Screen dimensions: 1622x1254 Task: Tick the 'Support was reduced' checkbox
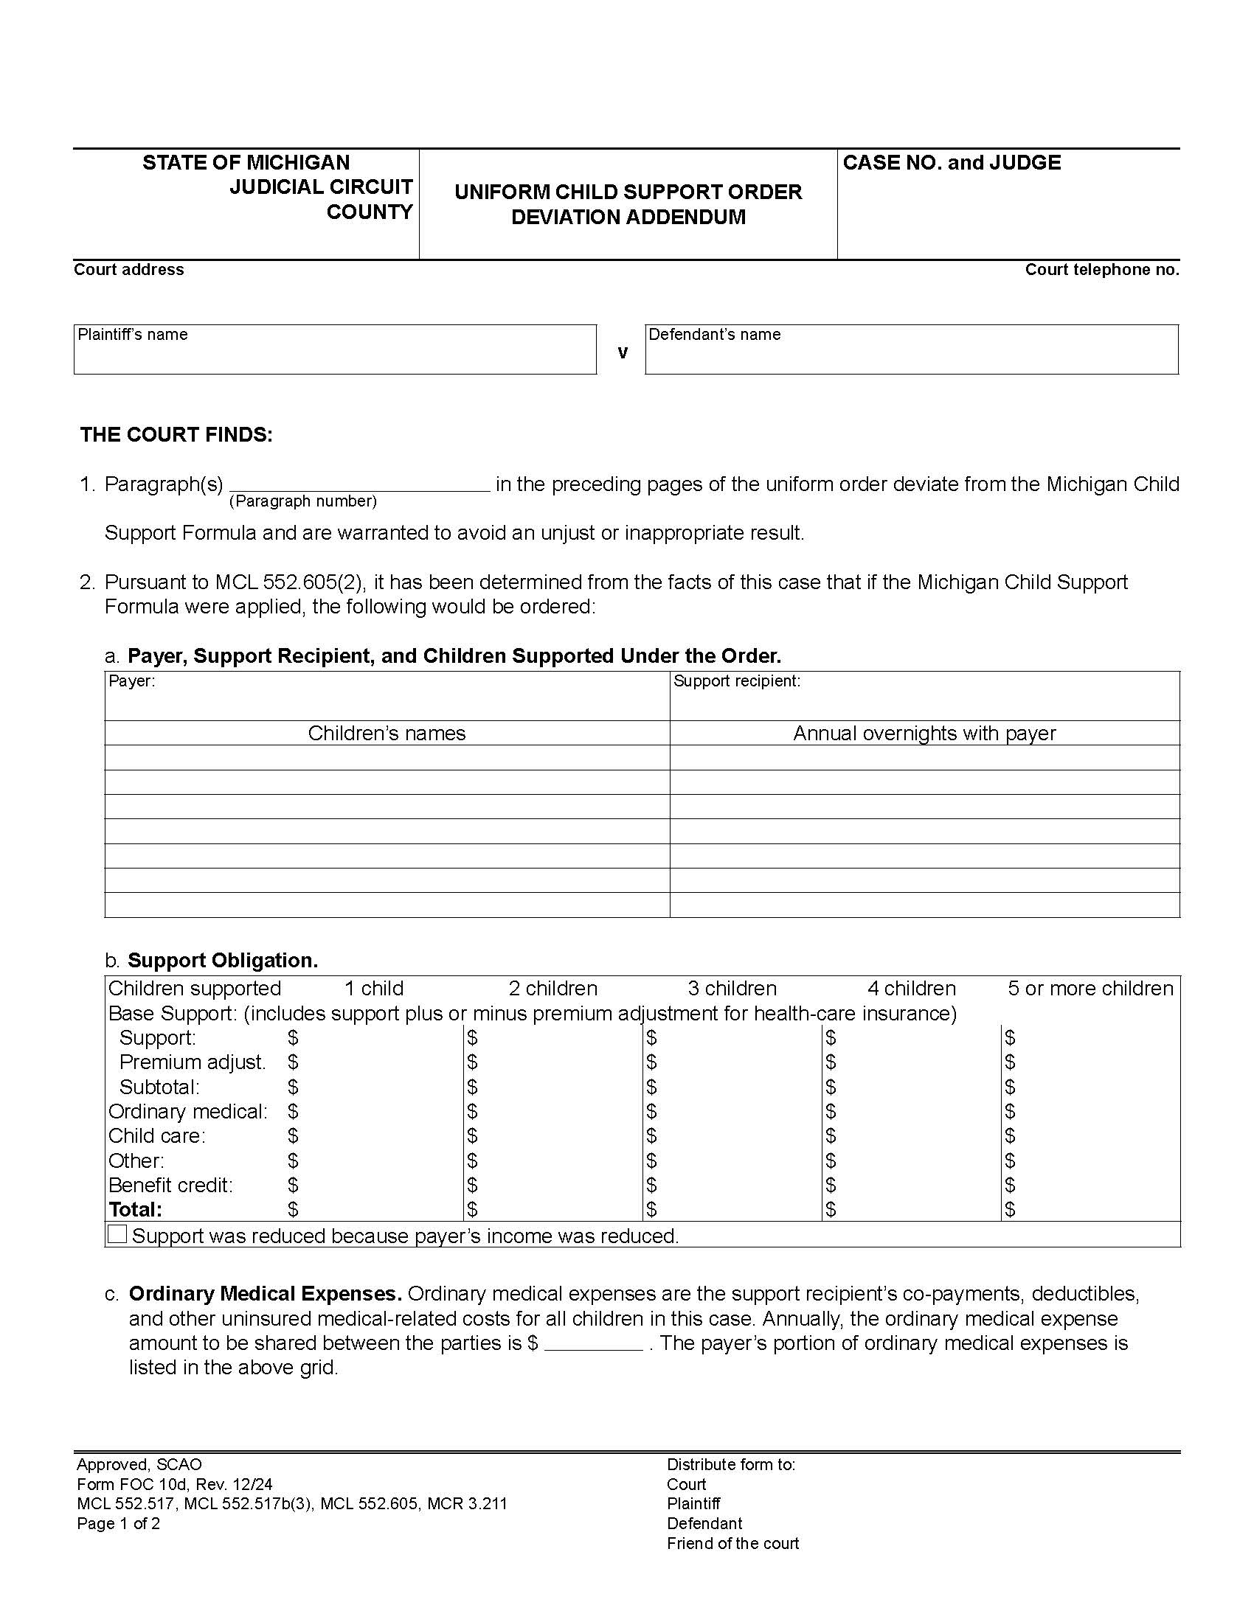click(x=117, y=1234)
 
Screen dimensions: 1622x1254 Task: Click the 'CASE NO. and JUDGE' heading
click(x=951, y=163)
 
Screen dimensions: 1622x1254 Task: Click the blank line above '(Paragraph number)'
click(x=359, y=485)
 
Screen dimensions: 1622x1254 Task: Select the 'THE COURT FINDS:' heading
click(x=176, y=434)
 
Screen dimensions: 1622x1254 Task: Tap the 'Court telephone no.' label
click(x=1101, y=270)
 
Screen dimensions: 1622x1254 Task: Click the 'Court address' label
click(x=128, y=270)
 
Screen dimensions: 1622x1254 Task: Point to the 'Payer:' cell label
click(x=131, y=681)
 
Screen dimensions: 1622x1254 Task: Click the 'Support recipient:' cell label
click(x=736, y=681)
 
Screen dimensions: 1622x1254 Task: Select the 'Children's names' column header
click(x=387, y=733)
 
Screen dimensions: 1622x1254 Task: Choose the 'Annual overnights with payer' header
click(x=924, y=733)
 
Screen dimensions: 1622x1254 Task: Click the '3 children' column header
click(x=732, y=989)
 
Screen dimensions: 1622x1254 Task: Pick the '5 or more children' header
click(x=1090, y=989)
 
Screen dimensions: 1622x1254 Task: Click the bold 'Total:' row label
click(x=135, y=1210)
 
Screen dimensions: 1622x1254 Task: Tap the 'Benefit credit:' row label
click(x=170, y=1186)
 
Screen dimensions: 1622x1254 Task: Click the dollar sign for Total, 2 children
click(x=473, y=1210)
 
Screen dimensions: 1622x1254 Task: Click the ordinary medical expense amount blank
click(x=593, y=1343)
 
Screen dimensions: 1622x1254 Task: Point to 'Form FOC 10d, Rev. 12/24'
click(x=174, y=1485)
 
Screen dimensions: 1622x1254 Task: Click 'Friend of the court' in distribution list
click(x=732, y=1543)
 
